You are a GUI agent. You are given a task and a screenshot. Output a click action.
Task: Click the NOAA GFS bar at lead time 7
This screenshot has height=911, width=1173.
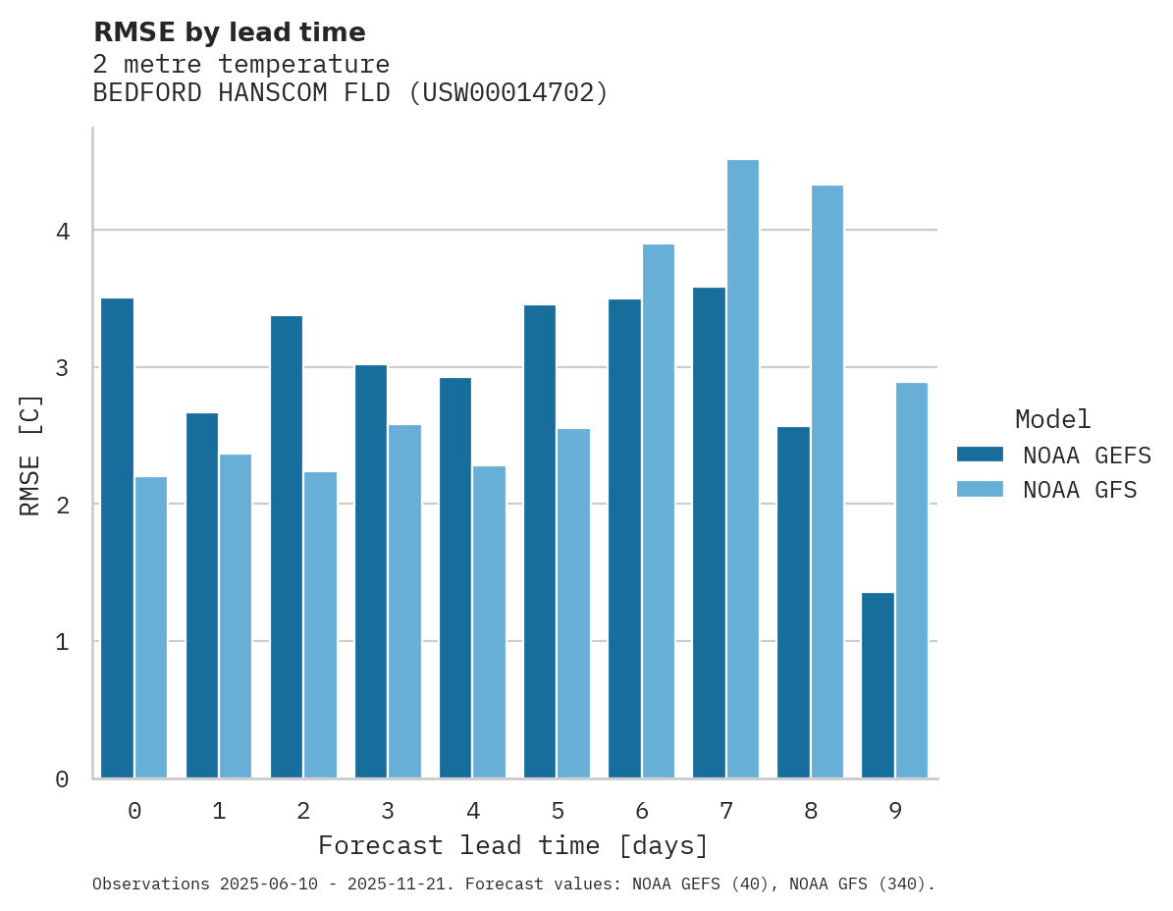[742, 469]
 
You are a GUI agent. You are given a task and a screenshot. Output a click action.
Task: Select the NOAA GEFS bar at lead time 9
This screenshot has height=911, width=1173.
[878, 685]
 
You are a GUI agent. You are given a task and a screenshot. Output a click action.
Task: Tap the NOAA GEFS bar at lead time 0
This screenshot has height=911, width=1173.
[117, 538]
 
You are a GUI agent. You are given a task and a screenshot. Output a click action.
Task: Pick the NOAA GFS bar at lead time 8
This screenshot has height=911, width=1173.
[826, 482]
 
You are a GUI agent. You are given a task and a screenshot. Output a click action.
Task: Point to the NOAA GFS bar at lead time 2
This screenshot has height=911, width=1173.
[320, 625]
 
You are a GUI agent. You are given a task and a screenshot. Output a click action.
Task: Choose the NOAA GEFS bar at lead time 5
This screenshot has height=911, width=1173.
[540, 542]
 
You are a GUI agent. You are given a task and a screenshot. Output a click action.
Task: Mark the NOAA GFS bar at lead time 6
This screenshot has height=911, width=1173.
[658, 511]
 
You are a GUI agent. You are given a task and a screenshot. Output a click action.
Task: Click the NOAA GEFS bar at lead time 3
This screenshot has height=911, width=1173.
[371, 571]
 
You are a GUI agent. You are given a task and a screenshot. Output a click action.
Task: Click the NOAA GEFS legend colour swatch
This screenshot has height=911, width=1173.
[980, 455]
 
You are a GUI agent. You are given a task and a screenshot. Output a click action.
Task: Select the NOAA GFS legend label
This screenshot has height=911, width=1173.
[1080, 490]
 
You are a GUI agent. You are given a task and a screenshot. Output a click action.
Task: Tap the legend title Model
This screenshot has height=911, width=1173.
[1052, 419]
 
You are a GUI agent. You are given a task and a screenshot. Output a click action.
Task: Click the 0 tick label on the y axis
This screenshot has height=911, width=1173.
[62, 779]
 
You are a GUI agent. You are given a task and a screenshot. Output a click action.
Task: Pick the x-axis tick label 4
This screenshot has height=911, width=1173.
[473, 811]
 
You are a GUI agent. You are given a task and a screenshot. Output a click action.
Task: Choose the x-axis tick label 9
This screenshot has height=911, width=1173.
[895, 811]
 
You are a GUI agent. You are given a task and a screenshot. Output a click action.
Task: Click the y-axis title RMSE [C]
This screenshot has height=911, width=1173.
[31, 455]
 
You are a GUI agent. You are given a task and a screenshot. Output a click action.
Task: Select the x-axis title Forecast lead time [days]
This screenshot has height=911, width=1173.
[513, 845]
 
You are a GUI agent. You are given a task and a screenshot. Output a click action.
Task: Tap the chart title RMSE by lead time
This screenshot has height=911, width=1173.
[230, 32]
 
